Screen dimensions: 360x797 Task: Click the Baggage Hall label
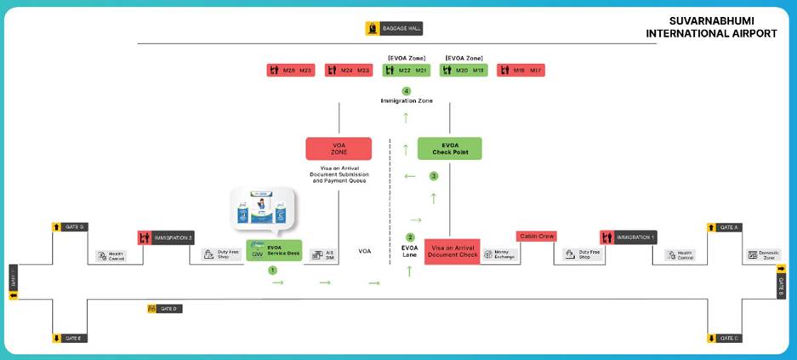coord(394,29)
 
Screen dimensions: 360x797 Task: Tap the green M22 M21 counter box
coord(406,70)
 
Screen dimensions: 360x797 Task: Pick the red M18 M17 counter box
coord(521,70)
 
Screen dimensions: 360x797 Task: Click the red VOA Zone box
coord(339,149)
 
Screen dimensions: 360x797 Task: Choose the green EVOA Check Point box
coord(449,149)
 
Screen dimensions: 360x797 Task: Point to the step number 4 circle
coord(407,90)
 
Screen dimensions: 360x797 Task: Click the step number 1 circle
coord(273,270)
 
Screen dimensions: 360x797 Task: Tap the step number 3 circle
coord(434,176)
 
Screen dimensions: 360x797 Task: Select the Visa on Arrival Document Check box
coord(452,251)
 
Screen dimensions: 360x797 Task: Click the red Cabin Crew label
coord(536,237)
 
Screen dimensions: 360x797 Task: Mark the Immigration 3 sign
coord(167,237)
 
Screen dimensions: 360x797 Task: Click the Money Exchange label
coord(500,254)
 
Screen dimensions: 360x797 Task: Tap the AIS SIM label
coord(322,254)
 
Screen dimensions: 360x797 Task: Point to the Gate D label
coord(164,308)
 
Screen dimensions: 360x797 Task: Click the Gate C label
coord(725,338)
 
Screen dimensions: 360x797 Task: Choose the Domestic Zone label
coord(763,254)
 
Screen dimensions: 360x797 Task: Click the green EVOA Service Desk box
coord(274,251)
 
